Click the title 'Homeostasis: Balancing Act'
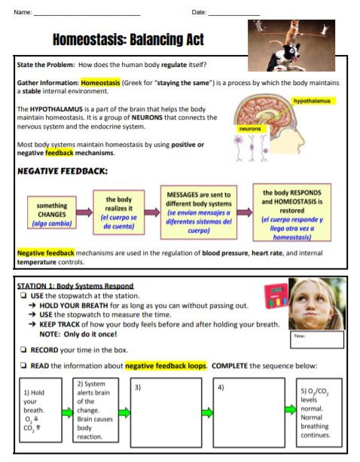(127, 39)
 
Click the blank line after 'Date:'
(233, 14)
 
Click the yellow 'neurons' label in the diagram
(249, 129)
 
